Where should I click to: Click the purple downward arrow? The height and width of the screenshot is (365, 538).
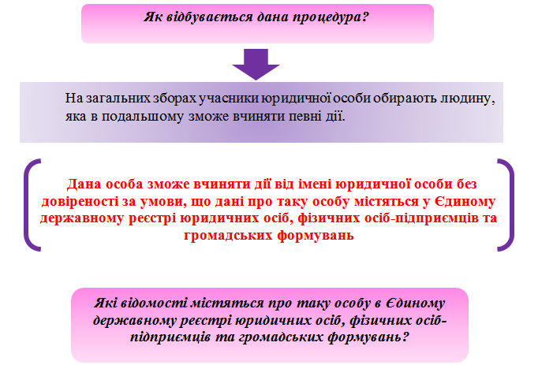click(x=256, y=64)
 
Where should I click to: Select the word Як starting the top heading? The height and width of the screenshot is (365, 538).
click(x=153, y=17)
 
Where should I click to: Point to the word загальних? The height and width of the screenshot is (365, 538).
click(x=118, y=99)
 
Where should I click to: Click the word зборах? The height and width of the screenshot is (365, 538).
click(x=174, y=99)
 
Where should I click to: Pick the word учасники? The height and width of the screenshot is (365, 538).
click(x=229, y=99)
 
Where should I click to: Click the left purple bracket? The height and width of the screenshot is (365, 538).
click(x=31, y=205)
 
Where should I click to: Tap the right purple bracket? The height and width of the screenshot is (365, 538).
click(x=506, y=205)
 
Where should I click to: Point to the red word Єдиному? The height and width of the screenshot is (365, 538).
click(x=465, y=201)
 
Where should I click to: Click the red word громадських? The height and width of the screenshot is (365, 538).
click(x=228, y=236)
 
